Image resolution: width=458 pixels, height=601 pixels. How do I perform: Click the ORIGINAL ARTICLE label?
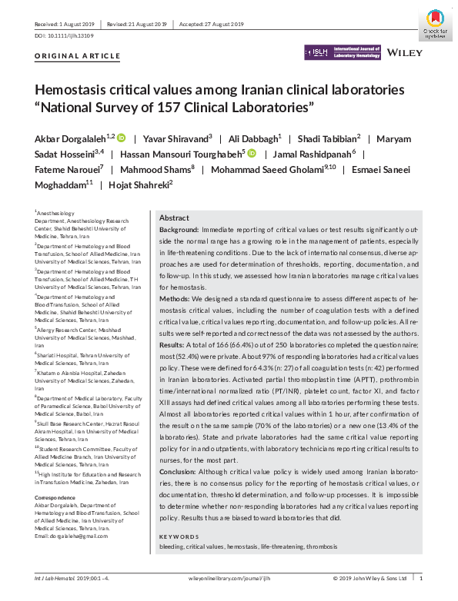78,56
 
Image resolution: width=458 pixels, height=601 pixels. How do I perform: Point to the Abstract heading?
174,218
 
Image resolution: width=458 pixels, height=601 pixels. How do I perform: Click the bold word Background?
179,230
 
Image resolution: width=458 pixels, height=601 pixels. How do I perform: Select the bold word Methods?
176,297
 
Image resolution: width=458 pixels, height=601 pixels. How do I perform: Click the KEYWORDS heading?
178,536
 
